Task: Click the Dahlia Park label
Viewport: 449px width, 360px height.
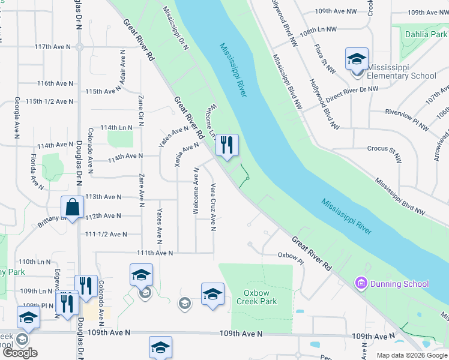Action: tap(426, 34)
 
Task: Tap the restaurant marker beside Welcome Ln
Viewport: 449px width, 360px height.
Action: tap(227, 146)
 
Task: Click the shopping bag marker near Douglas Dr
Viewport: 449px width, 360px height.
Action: tap(72, 208)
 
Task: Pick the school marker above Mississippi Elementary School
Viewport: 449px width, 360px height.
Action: tap(357, 60)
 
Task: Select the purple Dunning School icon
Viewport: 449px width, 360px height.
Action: tap(361, 283)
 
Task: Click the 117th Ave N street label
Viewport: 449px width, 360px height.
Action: tap(53, 46)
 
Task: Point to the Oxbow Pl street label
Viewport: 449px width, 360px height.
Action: tap(291, 255)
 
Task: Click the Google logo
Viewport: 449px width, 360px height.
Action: tap(20, 353)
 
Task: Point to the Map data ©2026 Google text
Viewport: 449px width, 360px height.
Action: tap(412, 355)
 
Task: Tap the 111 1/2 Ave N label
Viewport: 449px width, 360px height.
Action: tap(107, 234)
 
